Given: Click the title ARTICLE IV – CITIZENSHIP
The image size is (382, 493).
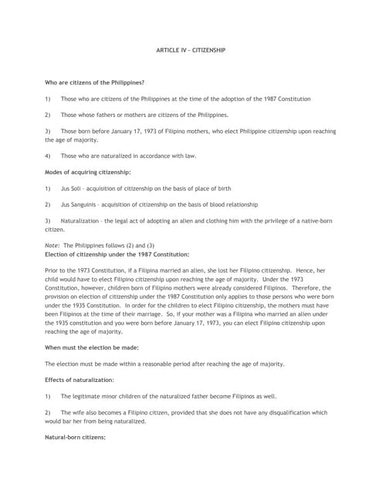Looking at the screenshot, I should tap(190, 50).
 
